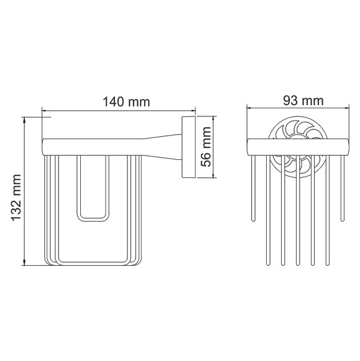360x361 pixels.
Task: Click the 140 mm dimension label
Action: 126,101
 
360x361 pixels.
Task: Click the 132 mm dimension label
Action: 17,198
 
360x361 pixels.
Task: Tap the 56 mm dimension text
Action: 205,147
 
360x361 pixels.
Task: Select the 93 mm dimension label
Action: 303,100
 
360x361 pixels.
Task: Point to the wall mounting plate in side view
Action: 189,147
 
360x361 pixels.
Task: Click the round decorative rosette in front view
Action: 298,148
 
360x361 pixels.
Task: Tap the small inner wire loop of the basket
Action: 93,189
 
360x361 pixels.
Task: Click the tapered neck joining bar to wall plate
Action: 163,147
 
